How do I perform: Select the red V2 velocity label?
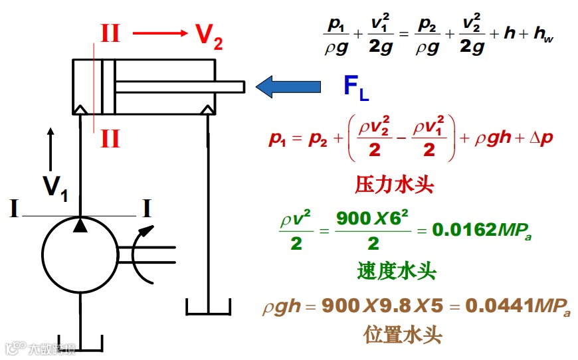point(209,37)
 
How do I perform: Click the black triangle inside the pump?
point(80,226)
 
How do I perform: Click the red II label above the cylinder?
point(110,33)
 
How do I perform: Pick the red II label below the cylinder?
point(110,139)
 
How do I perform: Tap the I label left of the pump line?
point(13,209)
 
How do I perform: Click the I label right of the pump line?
point(146,209)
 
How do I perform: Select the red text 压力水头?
point(394,185)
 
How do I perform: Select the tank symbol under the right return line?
point(209,307)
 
